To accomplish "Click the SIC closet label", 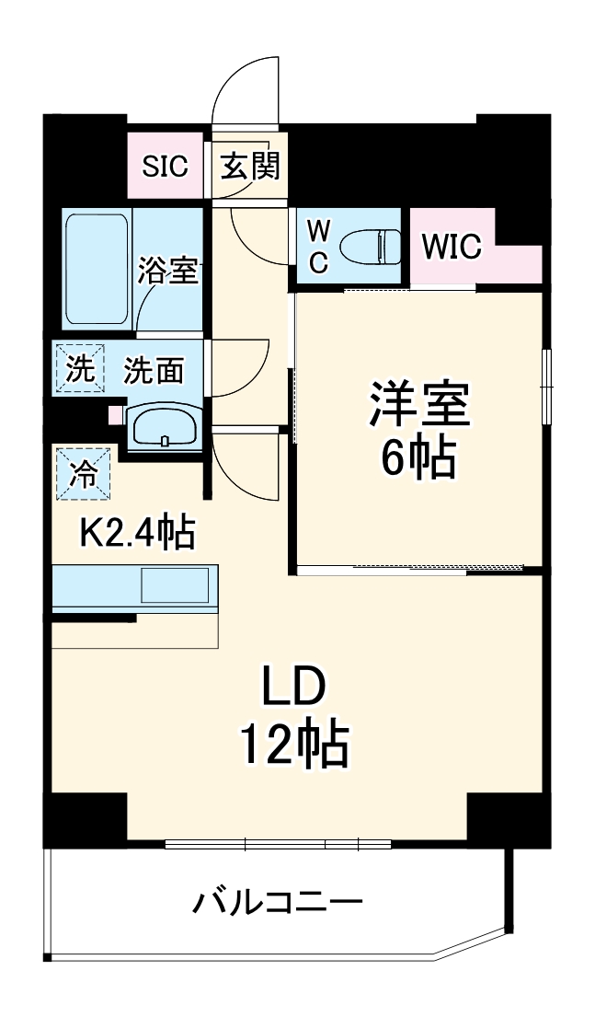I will tap(165, 167).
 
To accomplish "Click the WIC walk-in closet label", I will tap(451, 247).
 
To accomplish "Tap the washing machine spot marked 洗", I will tap(80, 370).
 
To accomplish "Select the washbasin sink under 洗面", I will tap(163, 427).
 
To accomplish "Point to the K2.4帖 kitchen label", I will tap(137, 532).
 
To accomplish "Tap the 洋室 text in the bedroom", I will tap(419, 404).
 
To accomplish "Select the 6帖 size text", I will tap(419, 457).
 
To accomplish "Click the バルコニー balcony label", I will tap(277, 899).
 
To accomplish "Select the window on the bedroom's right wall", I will tap(545, 387).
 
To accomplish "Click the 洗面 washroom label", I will tap(154, 370).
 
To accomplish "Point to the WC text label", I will tap(317, 246).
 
